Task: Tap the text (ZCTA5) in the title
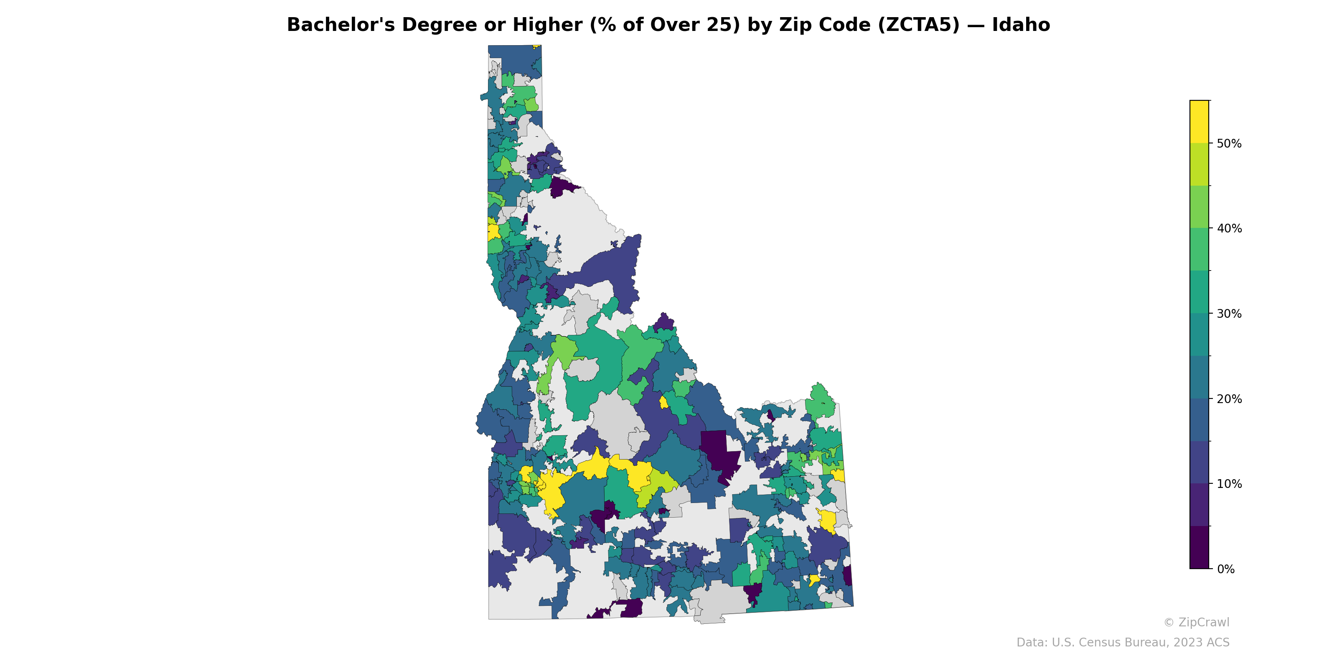pyautogui.click(x=919, y=25)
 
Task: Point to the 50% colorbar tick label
pyautogui.click(x=1229, y=143)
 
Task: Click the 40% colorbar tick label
pyautogui.click(x=1229, y=229)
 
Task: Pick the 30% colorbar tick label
pyautogui.click(x=1229, y=314)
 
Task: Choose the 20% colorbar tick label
pyautogui.click(x=1229, y=399)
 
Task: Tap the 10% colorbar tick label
pyautogui.click(x=1229, y=484)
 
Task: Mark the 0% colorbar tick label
pyautogui.click(x=1225, y=569)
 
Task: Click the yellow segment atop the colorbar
pyautogui.click(x=1199, y=122)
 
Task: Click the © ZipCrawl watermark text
pyautogui.click(x=1196, y=622)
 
